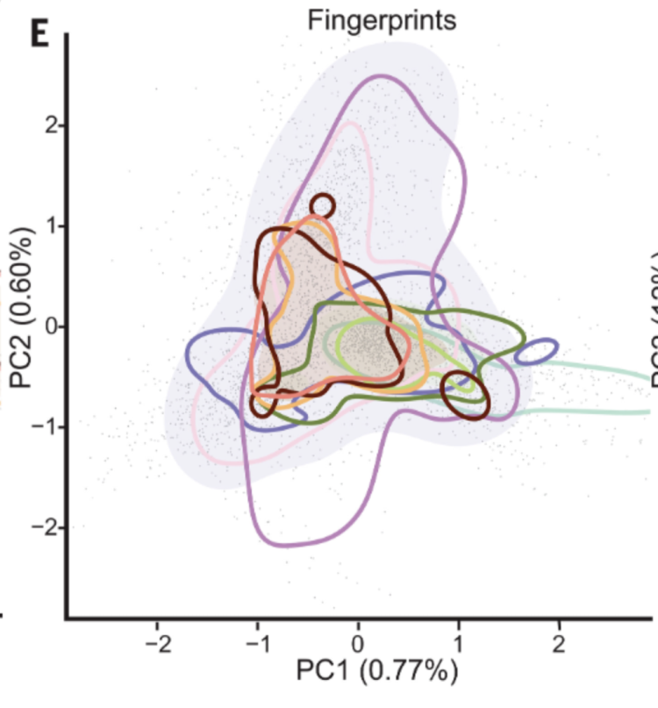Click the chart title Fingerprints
[x=382, y=20]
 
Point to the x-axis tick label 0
[x=358, y=645]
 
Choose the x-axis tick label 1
[x=458, y=645]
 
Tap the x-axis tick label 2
[x=559, y=645]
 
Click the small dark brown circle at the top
[x=323, y=206]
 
